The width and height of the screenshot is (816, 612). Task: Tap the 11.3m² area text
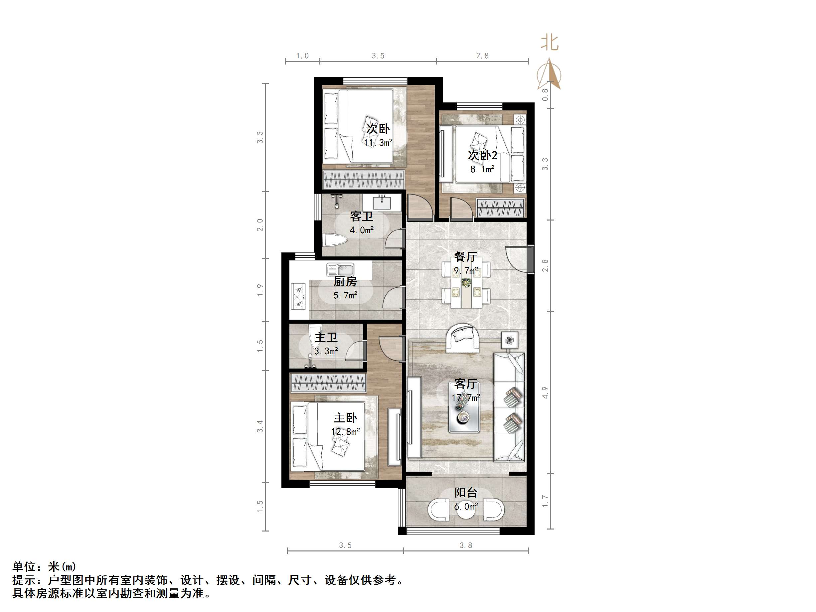point(378,143)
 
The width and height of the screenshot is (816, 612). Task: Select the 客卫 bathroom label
point(361,216)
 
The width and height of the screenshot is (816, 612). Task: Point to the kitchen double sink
point(340,269)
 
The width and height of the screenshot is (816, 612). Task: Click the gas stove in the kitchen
point(298,296)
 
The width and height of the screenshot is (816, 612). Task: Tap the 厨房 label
point(345,282)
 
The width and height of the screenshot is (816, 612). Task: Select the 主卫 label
point(326,338)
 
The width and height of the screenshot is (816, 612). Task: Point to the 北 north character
point(550,43)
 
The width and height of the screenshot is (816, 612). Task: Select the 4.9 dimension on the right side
point(545,392)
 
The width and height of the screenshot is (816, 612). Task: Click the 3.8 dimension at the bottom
point(465,545)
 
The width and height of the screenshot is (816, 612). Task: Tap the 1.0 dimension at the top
point(302,56)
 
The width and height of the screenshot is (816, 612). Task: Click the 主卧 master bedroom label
point(345,418)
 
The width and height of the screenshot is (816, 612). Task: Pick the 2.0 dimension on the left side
point(260,225)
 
